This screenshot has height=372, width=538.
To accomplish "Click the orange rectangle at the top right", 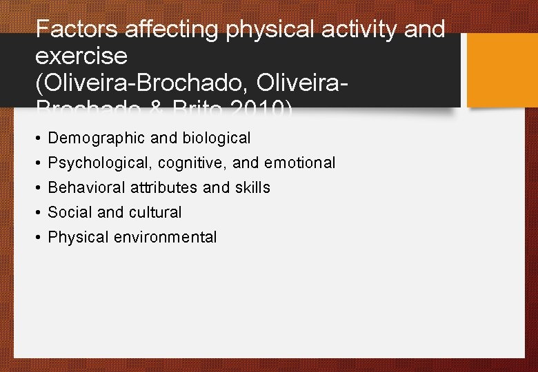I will pyautogui.click(x=502, y=70).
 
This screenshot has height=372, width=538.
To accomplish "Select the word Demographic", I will pyautogui.click(x=97, y=138).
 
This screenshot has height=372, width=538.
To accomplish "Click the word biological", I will pyautogui.click(x=216, y=138).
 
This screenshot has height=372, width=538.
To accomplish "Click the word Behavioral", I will pyautogui.click(x=86, y=187).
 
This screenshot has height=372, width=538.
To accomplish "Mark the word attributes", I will pyautogui.click(x=164, y=187).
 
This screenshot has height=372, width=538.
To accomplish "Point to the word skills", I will pyautogui.click(x=253, y=187).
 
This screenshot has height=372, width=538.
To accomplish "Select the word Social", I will pyautogui.click(x=68, y=212).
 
